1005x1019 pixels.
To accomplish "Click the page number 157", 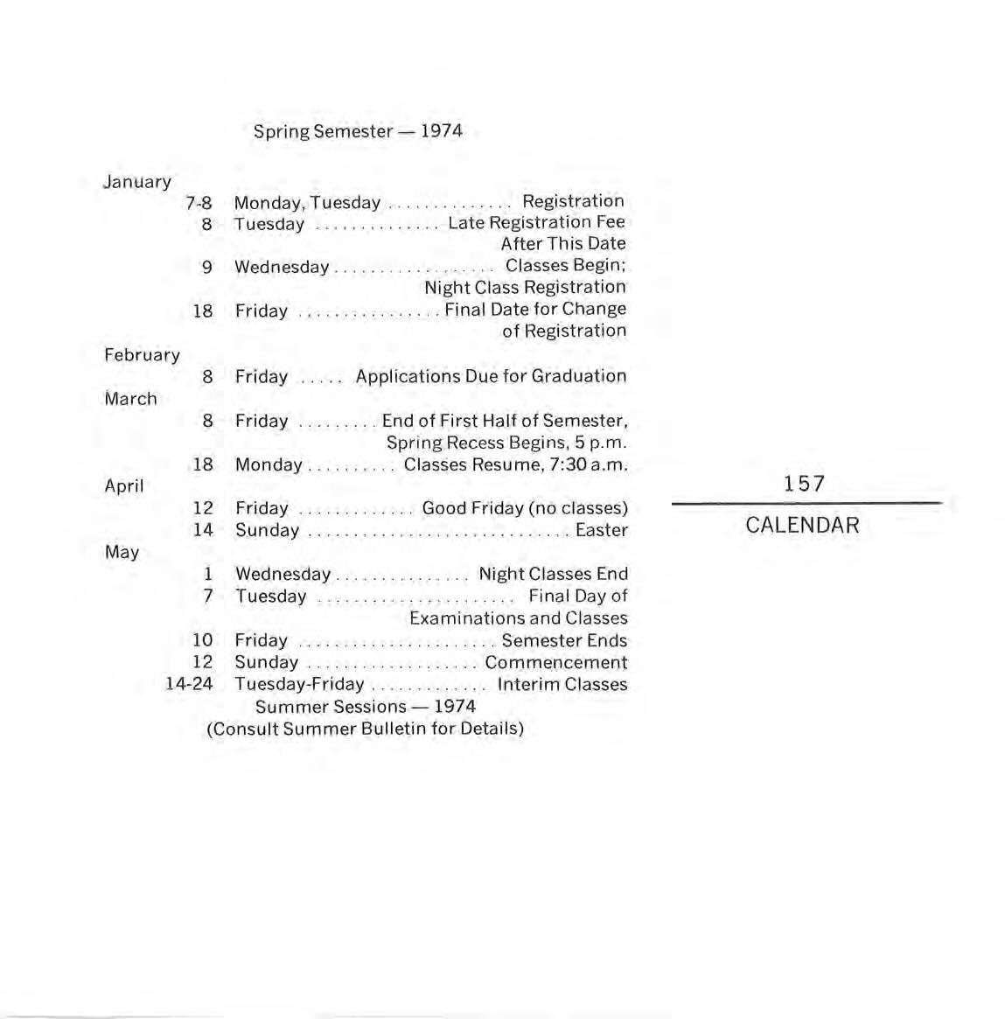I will click(804, 484).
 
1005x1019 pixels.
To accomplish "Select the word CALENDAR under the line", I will click(802, 526).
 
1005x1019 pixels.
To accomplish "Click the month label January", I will click(137, 182).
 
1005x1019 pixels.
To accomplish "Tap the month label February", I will click(142, 355).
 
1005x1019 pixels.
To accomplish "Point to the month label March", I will click(131, 399).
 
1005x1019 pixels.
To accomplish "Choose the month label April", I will click(124, 486).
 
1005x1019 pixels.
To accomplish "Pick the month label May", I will click(122, 552).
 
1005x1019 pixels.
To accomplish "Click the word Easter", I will click(601, 530).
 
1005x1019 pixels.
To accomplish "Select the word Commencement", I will click(555, 663).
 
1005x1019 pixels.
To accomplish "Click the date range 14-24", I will click(189, 684).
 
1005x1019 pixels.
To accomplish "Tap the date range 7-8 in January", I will click(199, 203).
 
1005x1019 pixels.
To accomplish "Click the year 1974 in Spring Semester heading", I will click(441, 131).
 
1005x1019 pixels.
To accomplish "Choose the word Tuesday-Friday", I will click(299, 684).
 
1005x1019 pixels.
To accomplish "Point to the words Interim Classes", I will click(562, 684).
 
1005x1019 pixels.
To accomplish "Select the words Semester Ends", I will click(564, 640).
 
